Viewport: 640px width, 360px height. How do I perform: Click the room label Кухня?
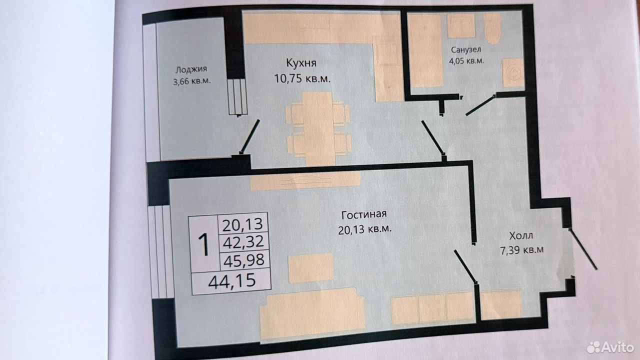pyautogui.click(x=301, y=63)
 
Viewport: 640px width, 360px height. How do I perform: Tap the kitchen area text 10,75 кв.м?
pyautogui.click(x=302, y=78)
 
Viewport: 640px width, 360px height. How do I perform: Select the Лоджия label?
pyautogui.click(x=191, y=69)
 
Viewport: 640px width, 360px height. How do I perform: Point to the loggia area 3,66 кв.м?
pyautogui.click(x=191, y=81)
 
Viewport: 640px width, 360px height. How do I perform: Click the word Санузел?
pyautogui.click(x=466, y=49)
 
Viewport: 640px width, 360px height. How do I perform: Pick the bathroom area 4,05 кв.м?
pyautogui.click(x=466, y=61)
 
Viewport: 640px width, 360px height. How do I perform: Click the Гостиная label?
pyautogui.click(x=364, y=214)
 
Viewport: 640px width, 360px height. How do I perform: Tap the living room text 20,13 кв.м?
pyautogui.click(x=365, y=229)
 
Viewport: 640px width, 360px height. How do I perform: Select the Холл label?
pyautogui.click(x=521, y=236)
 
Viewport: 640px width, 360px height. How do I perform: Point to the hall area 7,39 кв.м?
pyautogui.click(x=521, y=250)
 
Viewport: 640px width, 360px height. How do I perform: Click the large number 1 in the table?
pyautogui.click(x=204, y=244)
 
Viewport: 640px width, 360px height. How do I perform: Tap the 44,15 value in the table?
pyautogui.click(x=232, y=280)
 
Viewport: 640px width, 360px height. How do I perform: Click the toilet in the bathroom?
pyautogui.click(x=492, y=29)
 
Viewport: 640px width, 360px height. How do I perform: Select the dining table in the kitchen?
pyautogui.click(x=318, y=129)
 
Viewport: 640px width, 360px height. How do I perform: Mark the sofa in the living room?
pyautogui.click(x=312, y=314)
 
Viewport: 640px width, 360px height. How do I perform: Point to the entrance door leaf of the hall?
pyautogui.click(x=583, y=249)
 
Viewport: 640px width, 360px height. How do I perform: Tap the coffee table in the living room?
pyautogui.click(x=311, y=268)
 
